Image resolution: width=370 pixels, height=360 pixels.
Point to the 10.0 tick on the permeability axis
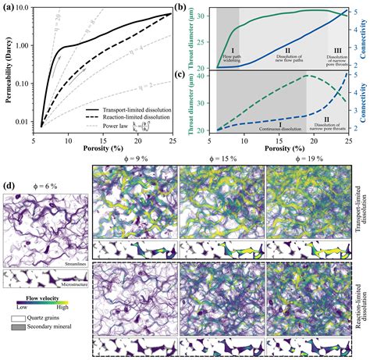pyautogui.click(x=24, y=9)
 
